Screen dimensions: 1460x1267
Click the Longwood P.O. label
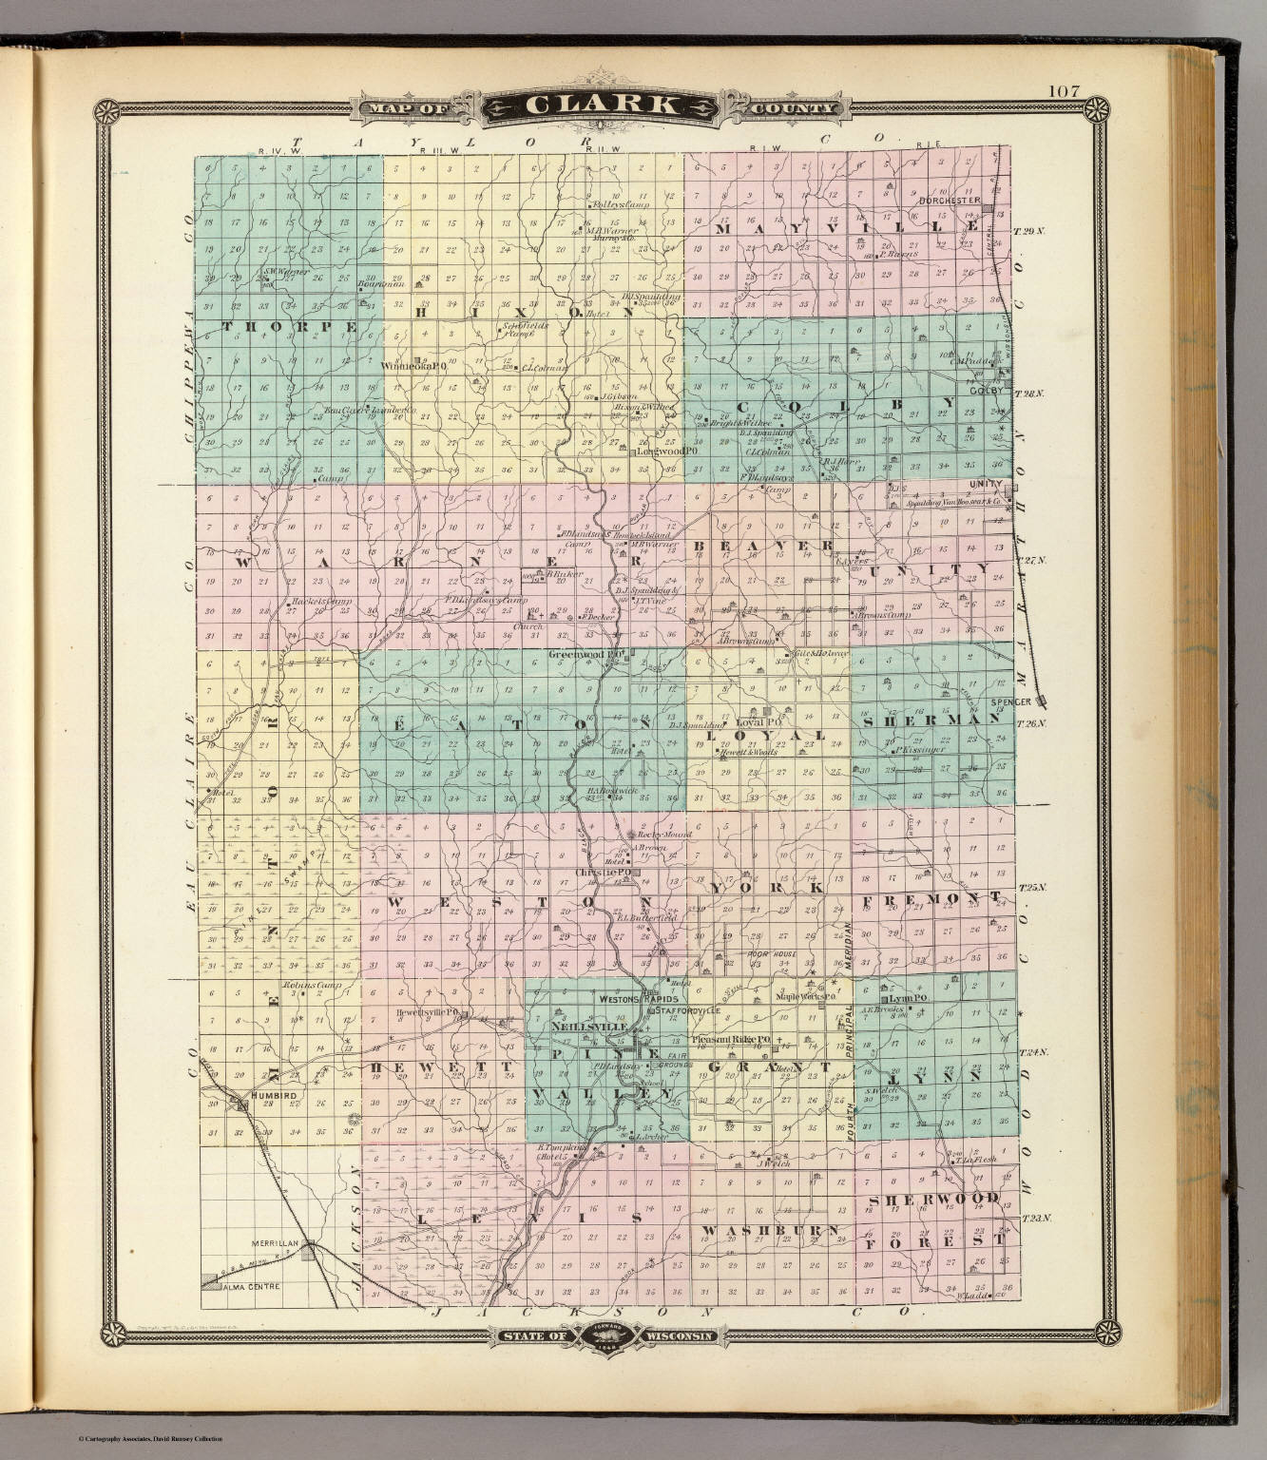pyautogui.click(x=666, y=451)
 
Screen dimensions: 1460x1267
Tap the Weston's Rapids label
pyautogui.click(x=637, y=1000)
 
